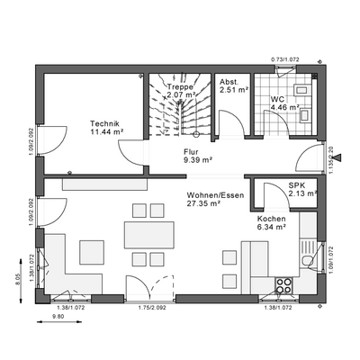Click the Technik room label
(x=105, y=124)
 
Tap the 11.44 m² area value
(x=106, y=132)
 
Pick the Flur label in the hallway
(x=190, y=152)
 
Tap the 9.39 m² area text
(x=191, y=160)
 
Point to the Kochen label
(x=271, y=219)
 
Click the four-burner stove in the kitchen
(x=284, y=285)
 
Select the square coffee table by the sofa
(x=92, y=250)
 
